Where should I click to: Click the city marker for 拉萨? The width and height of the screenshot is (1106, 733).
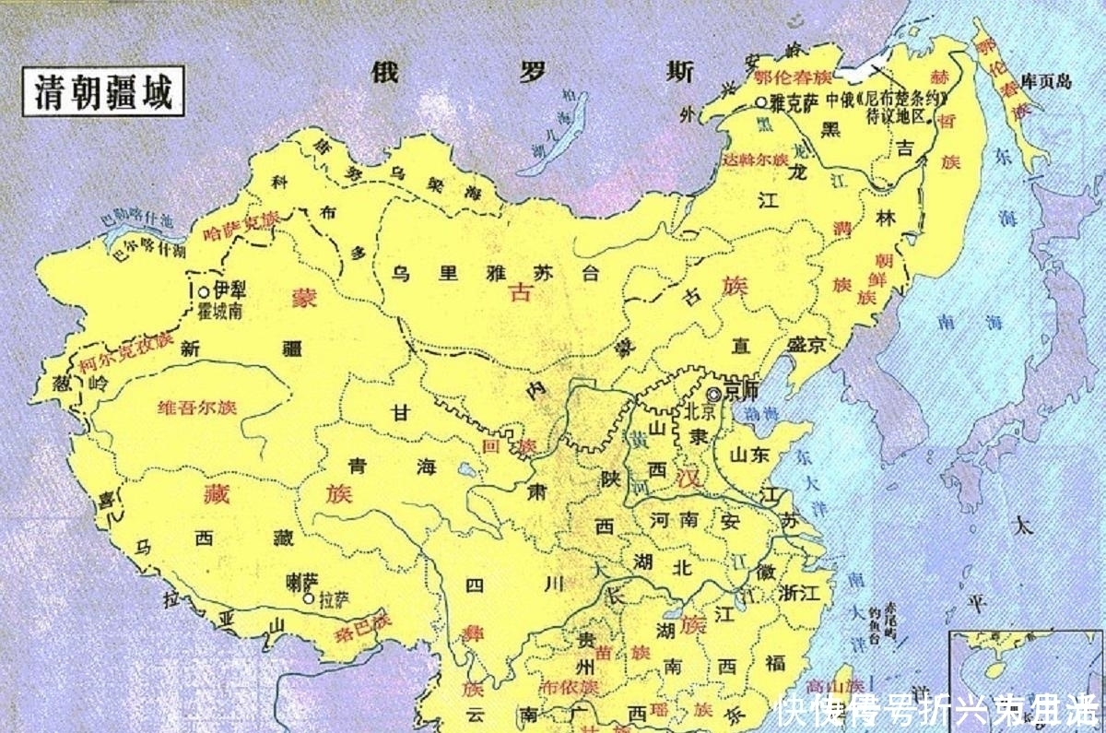(x=307, y=597)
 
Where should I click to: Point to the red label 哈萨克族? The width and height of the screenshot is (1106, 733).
(x=239, y=226)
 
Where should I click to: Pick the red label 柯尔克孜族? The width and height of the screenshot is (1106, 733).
(x=125, y=352)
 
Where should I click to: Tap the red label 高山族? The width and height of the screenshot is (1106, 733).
(x=835, y=687)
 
